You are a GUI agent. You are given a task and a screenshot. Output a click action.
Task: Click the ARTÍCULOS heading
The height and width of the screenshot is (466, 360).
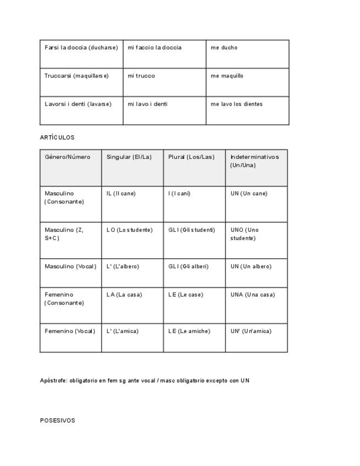coord(57,137)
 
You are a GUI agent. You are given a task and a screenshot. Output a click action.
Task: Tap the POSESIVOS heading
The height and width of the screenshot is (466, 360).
coord(58,420)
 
